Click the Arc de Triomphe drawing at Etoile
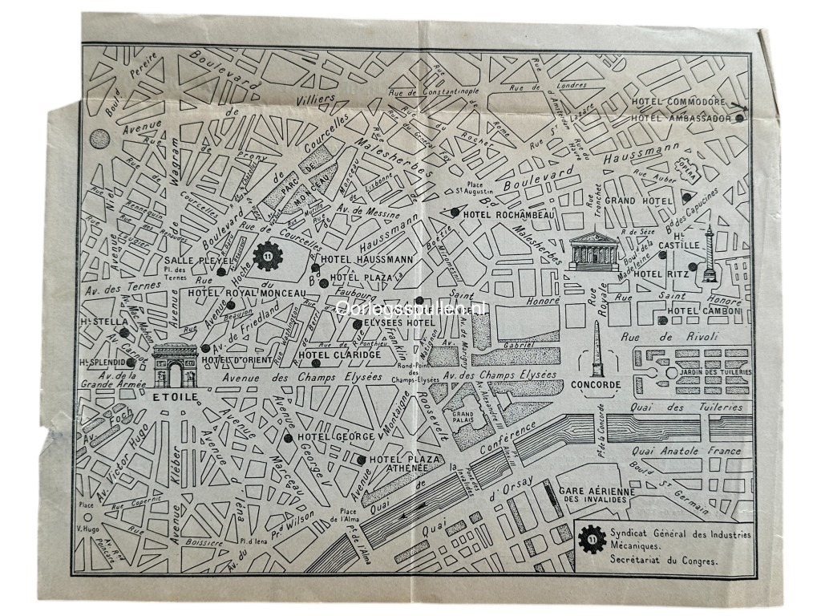click(x=175, y=366)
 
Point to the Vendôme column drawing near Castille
click(x=708, y=256)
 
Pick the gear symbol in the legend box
click(x=592, y=541)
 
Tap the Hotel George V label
click(x=337, y=437)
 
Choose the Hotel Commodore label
click(x=678, y=103)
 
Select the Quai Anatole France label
click(x=686, y=451)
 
